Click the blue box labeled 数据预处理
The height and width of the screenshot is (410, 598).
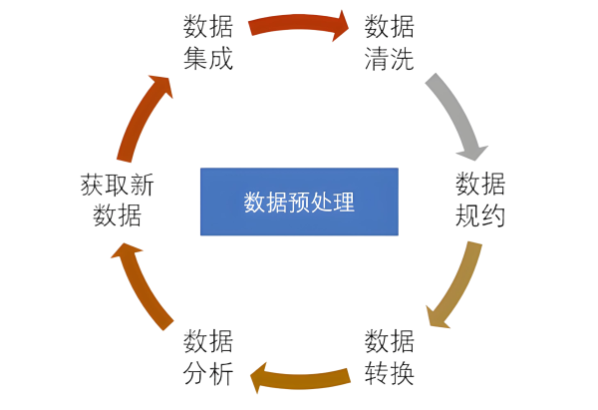click(299, 202)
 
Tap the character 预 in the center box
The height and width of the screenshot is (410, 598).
click(299, 202)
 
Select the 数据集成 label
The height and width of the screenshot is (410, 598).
click(208, 41)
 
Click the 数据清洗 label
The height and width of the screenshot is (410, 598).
click(389, 41)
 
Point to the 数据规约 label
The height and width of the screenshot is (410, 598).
click(479, 200)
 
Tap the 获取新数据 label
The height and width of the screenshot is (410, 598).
click(118, 200)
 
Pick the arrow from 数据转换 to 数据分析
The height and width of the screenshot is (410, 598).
click(299, 378)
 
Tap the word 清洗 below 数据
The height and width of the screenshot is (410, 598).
click(389, 56)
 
